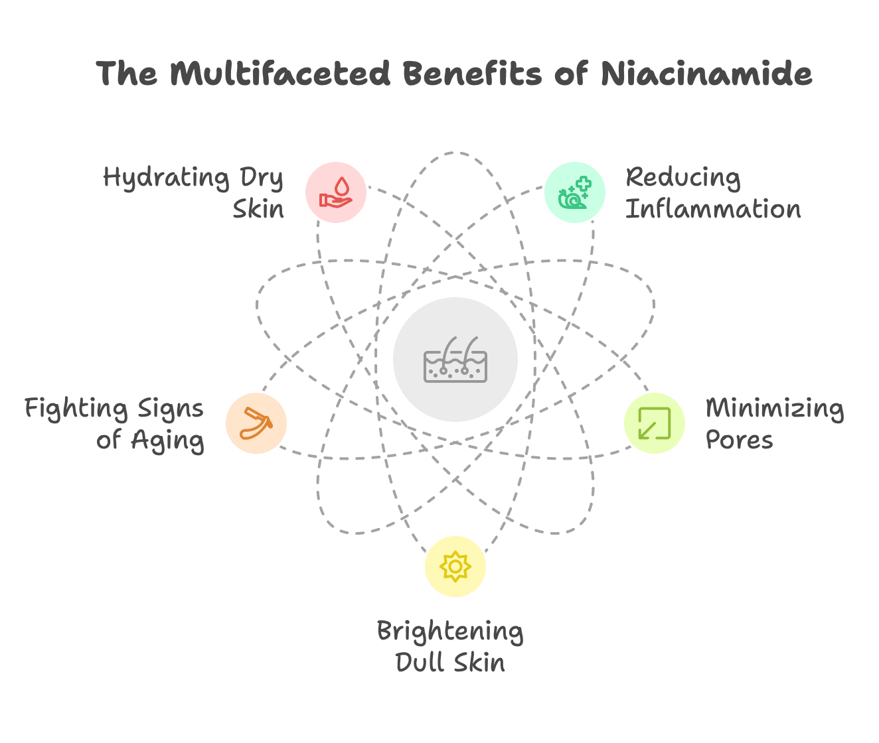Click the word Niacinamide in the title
706,74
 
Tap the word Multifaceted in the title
280,74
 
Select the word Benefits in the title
473,74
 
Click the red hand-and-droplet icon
336,192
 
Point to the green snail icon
574,193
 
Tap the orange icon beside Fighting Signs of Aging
256,423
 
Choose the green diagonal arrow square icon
655,423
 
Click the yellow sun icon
455,567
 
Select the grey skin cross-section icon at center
455,360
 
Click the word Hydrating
166,178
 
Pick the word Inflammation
713,209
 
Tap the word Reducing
683,178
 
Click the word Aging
167,440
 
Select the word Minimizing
775,409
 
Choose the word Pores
739,440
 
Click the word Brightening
450,632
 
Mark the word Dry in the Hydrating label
262,178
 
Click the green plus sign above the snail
584,184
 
